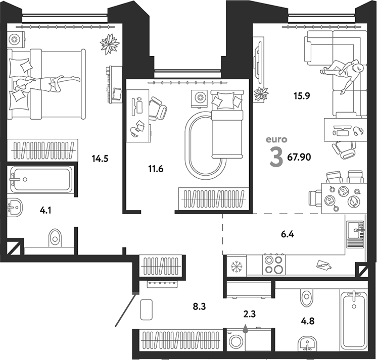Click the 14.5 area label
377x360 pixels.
(x=100, y=159)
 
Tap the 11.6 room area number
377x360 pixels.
(x=156, y=169)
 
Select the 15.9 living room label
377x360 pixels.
(x=302, y=96)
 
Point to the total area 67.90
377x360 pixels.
(x=299, y=157)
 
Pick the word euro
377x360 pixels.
(x=276, y=139)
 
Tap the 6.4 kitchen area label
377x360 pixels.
(x=288, y=234)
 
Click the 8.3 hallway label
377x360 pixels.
(x=200, y=306)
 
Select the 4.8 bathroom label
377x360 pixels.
(x=308, y=321)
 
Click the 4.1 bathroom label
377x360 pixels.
(x=45, y=211)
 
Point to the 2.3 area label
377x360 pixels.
(x=250, y=314)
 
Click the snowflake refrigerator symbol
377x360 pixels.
(x=237, y=267)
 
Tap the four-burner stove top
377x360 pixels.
(x=274, y=265)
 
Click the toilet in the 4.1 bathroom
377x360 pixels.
(x=55, y=238)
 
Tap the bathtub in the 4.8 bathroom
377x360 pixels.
(x=354, y=320)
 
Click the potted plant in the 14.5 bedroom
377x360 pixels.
(x=110, y=44)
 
